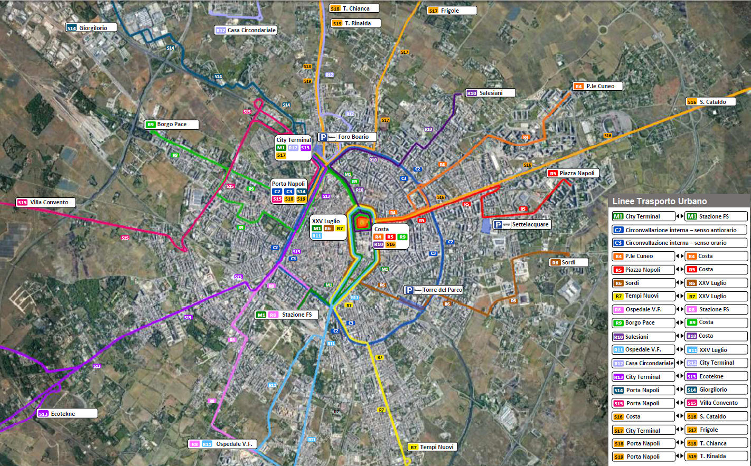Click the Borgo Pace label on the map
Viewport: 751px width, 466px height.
coord(172,125)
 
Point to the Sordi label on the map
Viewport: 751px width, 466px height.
coord(568,262)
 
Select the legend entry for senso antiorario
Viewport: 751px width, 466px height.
coord(680,230)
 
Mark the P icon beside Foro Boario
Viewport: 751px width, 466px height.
coord(323,137)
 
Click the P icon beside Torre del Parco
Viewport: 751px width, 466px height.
coord(409,290)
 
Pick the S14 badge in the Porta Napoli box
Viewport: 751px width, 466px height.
coord(302,192)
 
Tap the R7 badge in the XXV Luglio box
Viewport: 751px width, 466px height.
coord(340,229)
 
